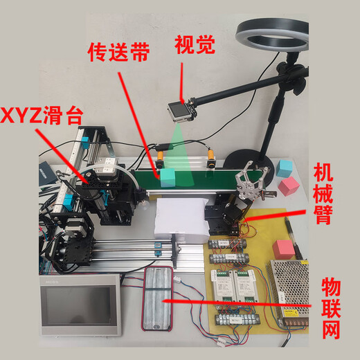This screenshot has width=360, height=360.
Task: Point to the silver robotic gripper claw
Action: click(x=249, y=184)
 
